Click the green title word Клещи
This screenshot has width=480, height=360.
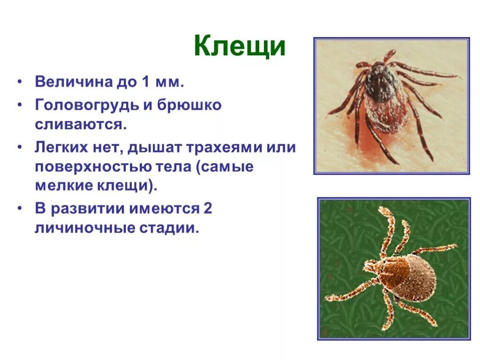(x=240, y=46)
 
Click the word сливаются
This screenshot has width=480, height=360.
(x=80, y=125)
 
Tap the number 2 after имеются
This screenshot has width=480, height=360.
(x=208, y=209)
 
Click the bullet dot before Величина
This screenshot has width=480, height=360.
(x=20, y=82)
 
